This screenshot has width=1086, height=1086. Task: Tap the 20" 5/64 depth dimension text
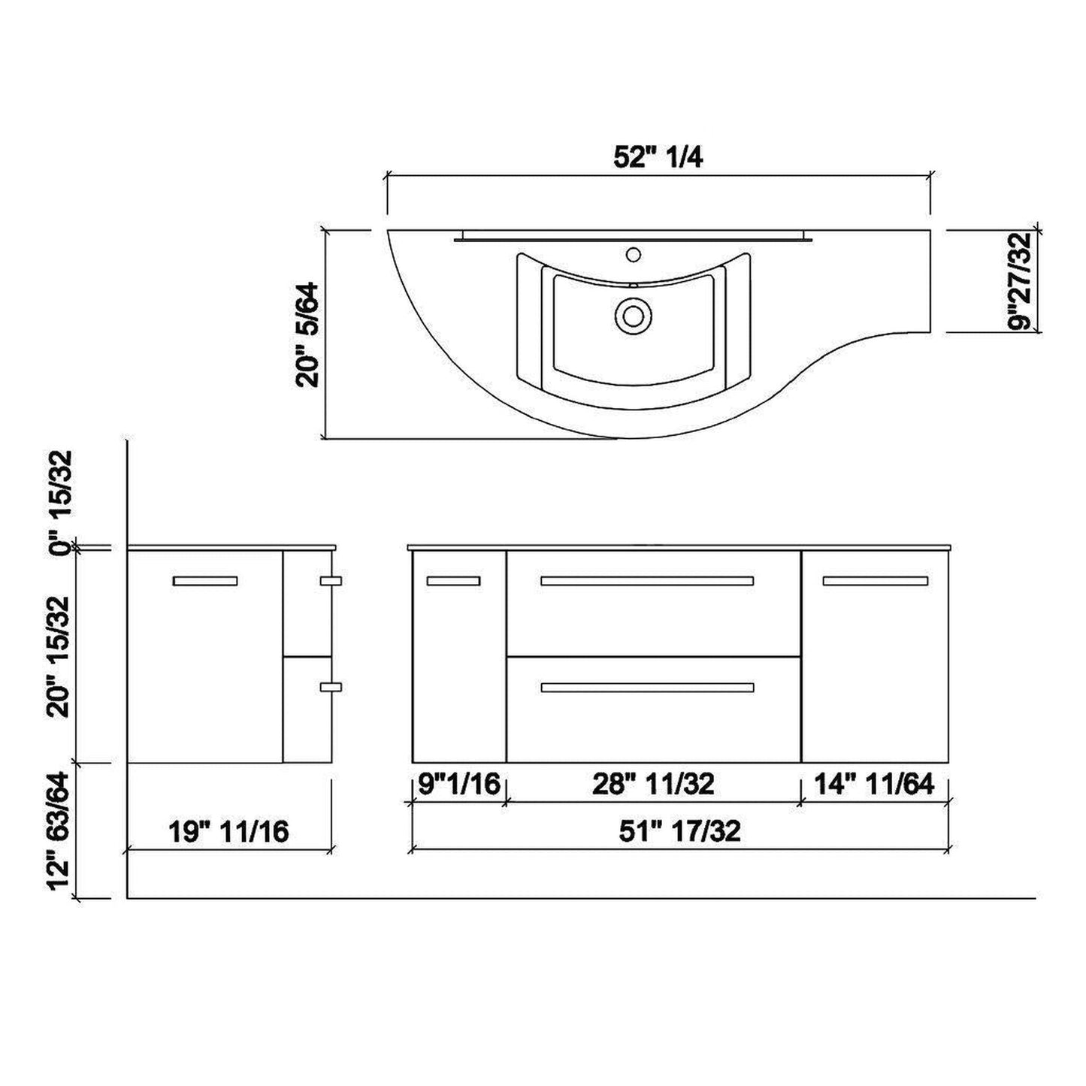(308, 334)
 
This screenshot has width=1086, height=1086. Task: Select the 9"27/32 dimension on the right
(1021, 281)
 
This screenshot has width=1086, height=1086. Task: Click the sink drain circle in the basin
(631, 315)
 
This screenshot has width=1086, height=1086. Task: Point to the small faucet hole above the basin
(633, 254)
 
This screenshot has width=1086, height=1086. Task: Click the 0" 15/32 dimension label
(62, 502)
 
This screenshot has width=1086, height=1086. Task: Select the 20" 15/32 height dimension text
(62, 656)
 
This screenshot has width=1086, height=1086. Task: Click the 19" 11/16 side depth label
(228, 831)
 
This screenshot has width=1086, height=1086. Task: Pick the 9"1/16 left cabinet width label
(459, 784)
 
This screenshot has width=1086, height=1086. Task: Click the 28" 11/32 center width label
(653, 784)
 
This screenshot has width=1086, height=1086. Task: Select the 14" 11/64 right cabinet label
(875, 784)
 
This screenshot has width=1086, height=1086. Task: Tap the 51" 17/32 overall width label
(679, 830)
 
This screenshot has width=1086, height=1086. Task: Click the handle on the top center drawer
(647, 580)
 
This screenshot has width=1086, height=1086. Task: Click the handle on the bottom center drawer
(647, 687)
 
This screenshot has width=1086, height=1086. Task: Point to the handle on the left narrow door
(453, 580)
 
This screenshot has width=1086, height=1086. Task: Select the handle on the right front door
(875, 580)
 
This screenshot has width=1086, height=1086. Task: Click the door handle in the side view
(205, 580)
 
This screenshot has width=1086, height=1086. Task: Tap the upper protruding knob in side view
(331, 580)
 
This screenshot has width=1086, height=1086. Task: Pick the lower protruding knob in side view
(331, 686)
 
